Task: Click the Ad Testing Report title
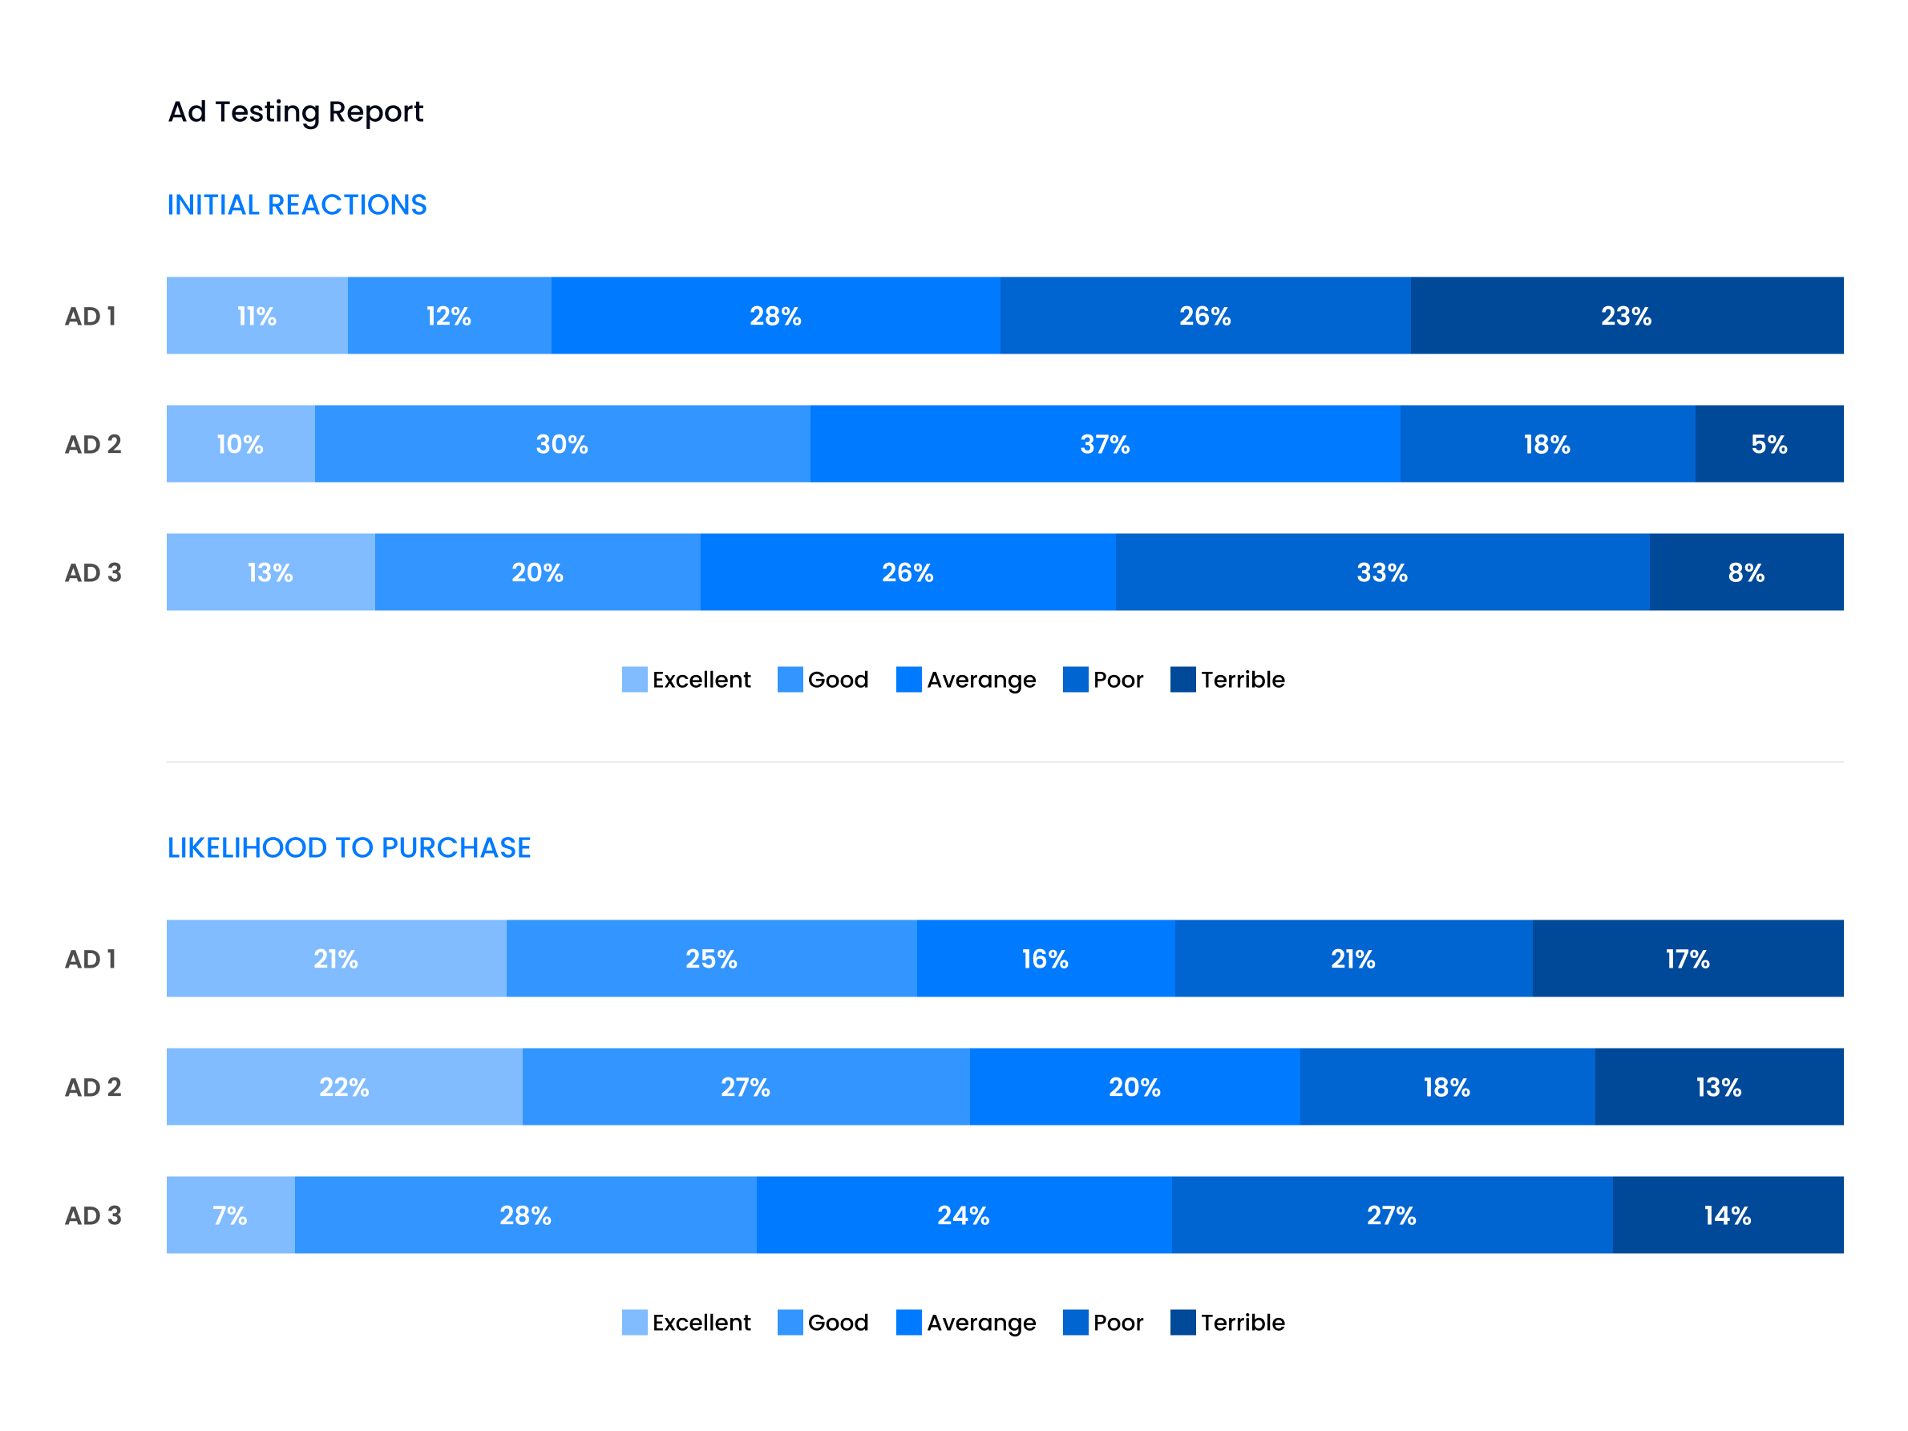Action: (295, 111)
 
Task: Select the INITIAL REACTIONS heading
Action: (297, 204)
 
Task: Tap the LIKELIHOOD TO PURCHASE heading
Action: (349, 847)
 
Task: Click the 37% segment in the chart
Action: (1104, 444)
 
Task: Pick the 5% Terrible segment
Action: (1769, 444)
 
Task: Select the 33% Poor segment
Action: (1382, 572)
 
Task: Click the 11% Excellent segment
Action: (257, 316)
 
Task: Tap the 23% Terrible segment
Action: (1626, 316)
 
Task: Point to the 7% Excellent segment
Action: (230, 1215)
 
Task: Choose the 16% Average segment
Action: (1045, 958)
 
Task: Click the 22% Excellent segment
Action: (344, 1087)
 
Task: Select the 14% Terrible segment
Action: (1727, 1215)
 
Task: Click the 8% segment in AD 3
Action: (1746, 572)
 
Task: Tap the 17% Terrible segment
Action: (1688, 958)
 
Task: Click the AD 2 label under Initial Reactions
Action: (93, 444)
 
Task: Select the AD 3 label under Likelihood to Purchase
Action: (93, 1215)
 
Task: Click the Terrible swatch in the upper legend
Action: (1182, 679)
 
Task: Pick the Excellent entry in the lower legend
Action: (686, 1322)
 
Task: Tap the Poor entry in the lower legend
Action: (1103, 1322)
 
